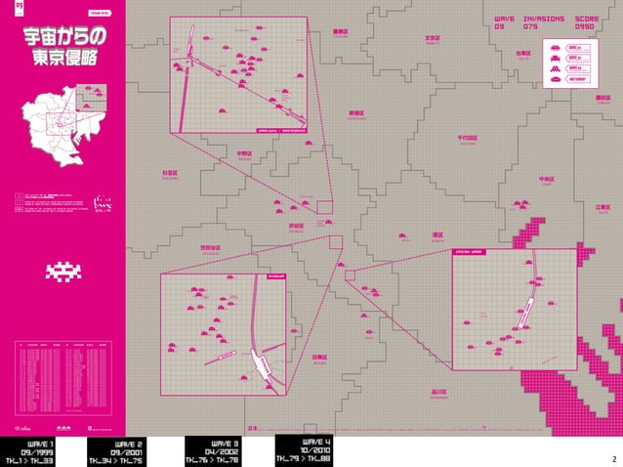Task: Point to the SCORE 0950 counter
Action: coord(587,21)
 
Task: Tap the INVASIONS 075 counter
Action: coord(544,21)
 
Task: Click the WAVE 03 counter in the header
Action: coord(502,21)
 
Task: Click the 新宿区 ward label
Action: coord(356,113)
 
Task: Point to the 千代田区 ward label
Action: coord(467,139)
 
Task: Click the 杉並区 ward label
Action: coord(171,173)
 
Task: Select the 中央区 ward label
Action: coord(547,180)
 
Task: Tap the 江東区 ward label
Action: coord(602,207)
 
